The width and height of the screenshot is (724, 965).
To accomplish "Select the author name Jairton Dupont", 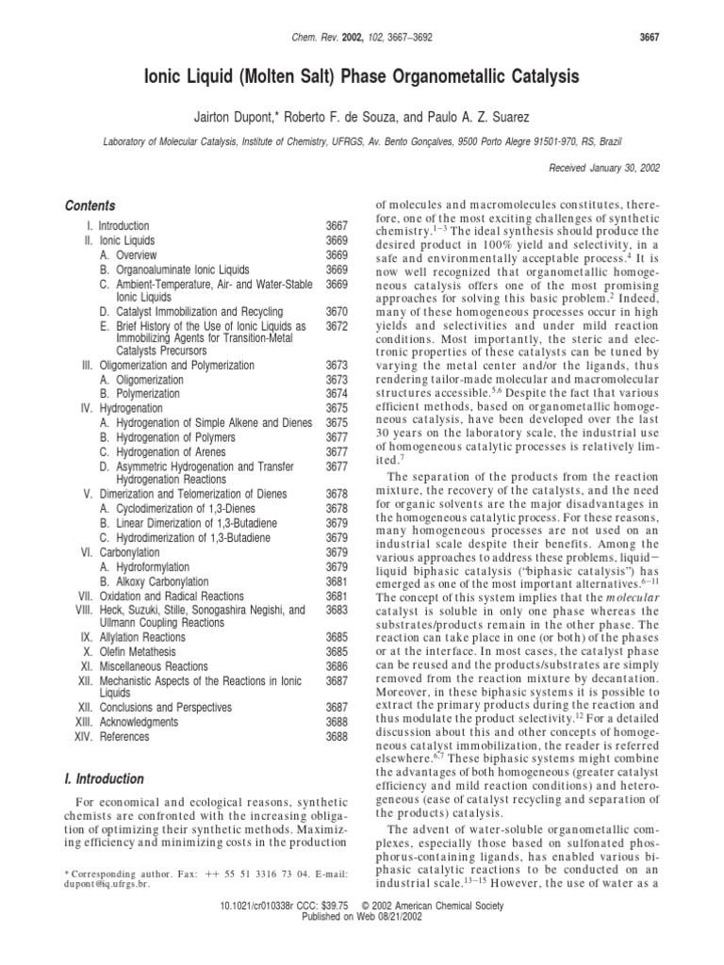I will [x=240, y=115].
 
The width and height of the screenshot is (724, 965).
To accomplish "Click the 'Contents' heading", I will [x=90, y=205].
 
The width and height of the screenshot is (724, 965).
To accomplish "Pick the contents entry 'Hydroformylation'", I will [x=144, y=567].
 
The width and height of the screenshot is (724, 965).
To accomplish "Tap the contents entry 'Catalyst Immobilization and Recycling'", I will [x=197, y=311].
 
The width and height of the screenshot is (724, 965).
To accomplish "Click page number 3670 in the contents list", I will [x=337, y=311].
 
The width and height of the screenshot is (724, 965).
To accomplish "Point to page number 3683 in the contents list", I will [x=337, y=610].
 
